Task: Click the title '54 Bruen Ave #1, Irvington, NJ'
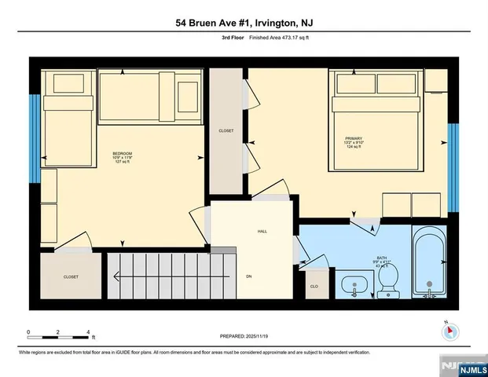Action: (244, 24)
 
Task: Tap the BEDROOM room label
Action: (122, 153)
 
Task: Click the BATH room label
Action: (382, 257)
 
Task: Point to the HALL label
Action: (263, 232)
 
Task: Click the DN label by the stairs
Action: (249, 276)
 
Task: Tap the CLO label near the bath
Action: (315, 287)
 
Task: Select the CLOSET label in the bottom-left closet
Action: (71, 276)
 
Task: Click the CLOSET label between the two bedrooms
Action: (226, 131)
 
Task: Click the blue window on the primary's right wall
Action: (453, 167)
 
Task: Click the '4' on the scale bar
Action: (88, 332)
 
